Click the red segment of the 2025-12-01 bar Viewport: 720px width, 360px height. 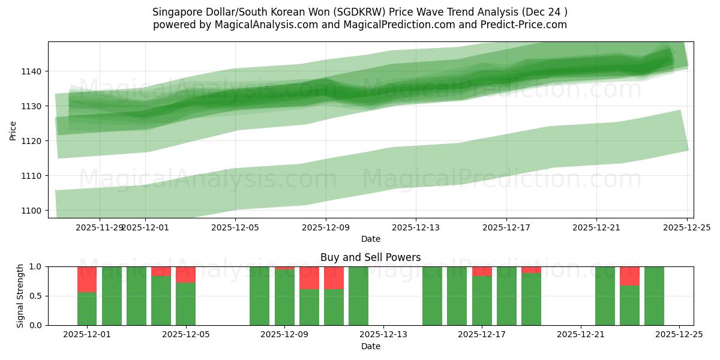(87, 279)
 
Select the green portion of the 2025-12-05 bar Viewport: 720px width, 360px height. (185, 304)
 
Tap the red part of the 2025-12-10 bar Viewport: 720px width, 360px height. (334, 278)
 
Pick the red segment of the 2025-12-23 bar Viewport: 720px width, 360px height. (629, 276)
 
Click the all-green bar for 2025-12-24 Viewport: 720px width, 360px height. (654, 296)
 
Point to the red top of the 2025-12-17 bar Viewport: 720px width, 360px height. (482, 271)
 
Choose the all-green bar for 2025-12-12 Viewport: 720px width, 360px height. (358, 296)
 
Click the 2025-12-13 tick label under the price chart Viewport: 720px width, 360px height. (416, 227)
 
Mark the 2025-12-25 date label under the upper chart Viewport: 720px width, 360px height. (686, 227)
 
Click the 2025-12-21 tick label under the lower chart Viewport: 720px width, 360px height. (580, 335)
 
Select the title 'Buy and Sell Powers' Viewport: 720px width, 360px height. (370, 257)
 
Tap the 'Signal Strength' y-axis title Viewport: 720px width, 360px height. (20, 296)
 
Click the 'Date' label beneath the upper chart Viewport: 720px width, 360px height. (370, 239)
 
